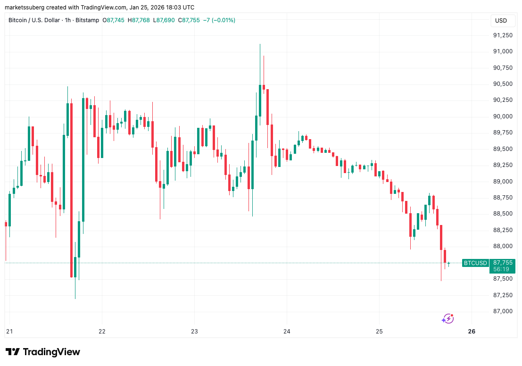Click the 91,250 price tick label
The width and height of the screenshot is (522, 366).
pos(503,35)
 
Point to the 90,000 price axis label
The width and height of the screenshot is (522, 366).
pos(503,116)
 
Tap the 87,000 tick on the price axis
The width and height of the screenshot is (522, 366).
pos(503,311)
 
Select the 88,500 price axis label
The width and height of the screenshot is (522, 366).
pos(503,214)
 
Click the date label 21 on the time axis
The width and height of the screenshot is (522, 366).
pos(9,332)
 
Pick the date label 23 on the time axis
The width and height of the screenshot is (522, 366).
pos(194,332)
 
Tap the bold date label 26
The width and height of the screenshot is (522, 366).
pos(472,332)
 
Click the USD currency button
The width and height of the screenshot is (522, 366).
pos(501,21)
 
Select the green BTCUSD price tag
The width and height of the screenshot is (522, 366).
pos(475,263)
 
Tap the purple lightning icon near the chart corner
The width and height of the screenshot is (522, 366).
pos(447,319)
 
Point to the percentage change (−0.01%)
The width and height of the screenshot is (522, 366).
pos(222,20)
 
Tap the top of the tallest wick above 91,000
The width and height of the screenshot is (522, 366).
pos(260,44)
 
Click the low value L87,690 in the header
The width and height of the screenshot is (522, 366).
pos(162,20)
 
